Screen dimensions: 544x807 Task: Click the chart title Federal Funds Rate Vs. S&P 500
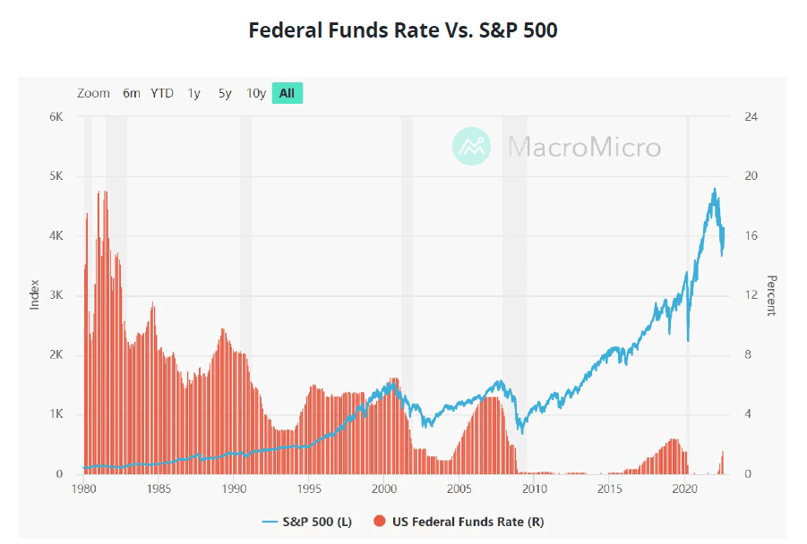point(403,30)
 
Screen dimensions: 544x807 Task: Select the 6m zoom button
point(132,93)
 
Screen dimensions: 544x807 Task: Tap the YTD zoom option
point(162,93)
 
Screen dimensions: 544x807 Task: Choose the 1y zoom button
point(193,93)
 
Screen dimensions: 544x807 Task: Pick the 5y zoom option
point(225,93)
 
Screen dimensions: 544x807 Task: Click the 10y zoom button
point(256,93)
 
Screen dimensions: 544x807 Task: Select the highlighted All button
point(288,93)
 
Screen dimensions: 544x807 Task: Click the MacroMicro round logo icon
point(472,146)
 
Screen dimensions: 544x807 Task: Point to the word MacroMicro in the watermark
point(584,147)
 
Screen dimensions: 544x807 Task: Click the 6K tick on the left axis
point(56,117)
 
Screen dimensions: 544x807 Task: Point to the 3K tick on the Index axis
point(56,295)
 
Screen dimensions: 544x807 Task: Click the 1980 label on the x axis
point(83,489)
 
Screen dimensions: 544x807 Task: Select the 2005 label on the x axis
point(459,489)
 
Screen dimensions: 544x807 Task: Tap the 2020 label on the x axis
point(685,489)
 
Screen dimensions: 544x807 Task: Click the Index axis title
point(35,295)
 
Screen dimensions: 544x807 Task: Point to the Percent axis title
point(770,295)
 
